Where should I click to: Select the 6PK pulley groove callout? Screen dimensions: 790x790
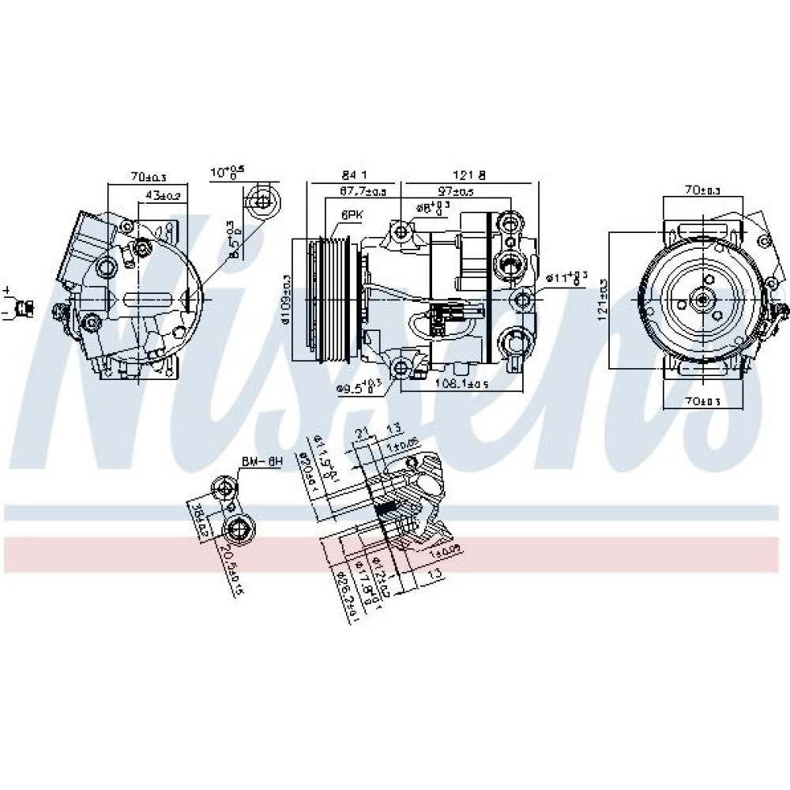point(352,214)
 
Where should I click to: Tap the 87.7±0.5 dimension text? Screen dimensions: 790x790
point(363,192)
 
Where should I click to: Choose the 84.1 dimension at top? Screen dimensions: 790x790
point(355,174)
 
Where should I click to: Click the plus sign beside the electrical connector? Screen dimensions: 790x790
point(6,291)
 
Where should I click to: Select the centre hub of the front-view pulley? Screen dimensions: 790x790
point(702,299)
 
